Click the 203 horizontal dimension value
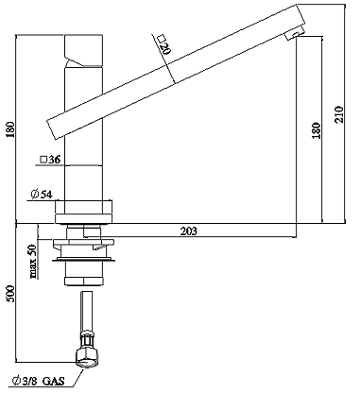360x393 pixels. pos(189,231)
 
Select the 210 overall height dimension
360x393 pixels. pos(339,114)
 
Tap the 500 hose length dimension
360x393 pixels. pos(10,294)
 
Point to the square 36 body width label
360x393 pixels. pos(50,160)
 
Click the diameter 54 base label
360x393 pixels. pos(41,195)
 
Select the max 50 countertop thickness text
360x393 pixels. pos(33,262)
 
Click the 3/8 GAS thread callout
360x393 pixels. pos(38,382)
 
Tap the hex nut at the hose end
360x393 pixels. pos(87,358)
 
